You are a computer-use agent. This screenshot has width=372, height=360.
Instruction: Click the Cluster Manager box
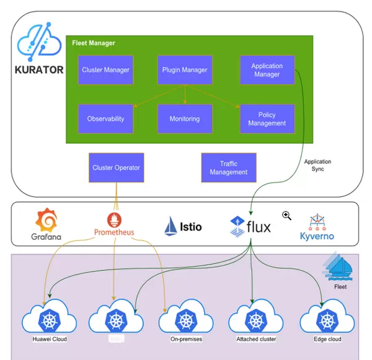[106, 70]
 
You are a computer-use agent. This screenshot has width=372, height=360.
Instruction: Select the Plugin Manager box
[185, 70]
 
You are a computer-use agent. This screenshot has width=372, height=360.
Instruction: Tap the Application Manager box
[267, 70]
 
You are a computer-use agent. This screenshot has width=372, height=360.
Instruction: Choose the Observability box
[106, 118]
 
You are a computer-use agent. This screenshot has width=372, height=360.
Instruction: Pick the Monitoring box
[185, 118]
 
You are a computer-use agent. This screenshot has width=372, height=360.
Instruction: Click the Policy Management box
[267, 118]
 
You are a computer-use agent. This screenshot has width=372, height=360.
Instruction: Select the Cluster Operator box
[116, 167]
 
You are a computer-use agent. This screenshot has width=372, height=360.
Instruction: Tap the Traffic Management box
[228, 168]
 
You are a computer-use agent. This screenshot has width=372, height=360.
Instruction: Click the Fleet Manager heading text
[94, 43]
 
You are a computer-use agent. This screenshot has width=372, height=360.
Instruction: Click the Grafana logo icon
[46, 220]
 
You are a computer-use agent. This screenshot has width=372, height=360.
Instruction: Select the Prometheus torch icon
[114, 219]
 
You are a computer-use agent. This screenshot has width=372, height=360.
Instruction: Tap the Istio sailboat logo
[171, 226]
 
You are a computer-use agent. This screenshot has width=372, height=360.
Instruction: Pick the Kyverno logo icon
[317, 222]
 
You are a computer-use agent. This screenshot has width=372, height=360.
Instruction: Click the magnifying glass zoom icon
[286, 216]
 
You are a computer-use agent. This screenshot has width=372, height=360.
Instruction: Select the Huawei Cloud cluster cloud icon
[49, 319]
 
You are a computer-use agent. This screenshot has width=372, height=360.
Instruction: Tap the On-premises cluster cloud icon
[187, 319]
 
